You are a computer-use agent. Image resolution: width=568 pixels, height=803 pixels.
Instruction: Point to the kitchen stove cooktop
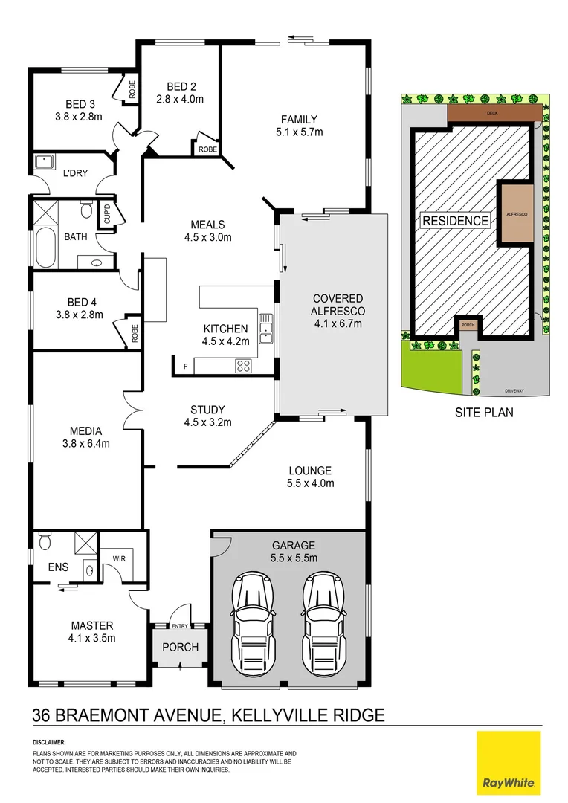(x=243, y=365)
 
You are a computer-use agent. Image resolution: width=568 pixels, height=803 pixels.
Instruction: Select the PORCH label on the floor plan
(x=181, y=647)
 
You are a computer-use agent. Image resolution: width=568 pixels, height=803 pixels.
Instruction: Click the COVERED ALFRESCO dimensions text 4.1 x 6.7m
(x=338, y=323)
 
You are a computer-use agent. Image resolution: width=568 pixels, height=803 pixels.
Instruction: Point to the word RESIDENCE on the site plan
(x=456, y=220)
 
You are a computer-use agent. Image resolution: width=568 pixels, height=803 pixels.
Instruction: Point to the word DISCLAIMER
(x=49, y=742)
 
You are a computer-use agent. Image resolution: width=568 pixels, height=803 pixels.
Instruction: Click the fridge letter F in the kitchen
(x=186, y=365)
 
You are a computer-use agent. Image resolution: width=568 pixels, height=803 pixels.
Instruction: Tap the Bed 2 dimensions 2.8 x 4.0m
(x=179, y=98)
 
